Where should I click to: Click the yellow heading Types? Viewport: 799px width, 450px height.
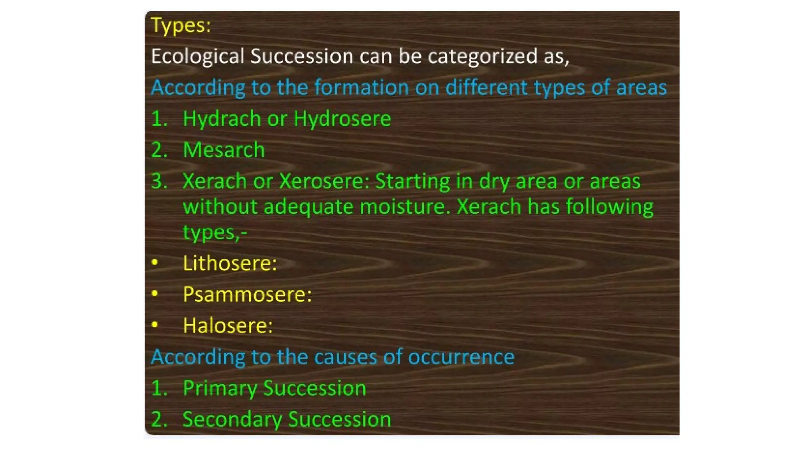tap(181, 26)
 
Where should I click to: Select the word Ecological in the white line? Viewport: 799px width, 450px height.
tap(197, 56)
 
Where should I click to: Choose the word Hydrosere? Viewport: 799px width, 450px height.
tap(342, 119)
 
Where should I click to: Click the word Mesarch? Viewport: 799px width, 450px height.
tap(224, 150)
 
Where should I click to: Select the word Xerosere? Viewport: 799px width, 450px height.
tap(324, 181)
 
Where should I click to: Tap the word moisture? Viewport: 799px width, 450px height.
tap(405, 207)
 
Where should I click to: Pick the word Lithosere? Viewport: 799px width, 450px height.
tap(230, 263)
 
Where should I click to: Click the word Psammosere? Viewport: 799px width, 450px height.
tap(247, 295)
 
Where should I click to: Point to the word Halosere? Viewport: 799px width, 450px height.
tap(228, 326)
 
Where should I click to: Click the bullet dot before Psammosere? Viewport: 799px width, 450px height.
tap(155, 293)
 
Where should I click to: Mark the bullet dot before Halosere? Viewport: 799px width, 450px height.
tap(155, 325)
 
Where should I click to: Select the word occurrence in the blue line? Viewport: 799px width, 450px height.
tap(461, 357)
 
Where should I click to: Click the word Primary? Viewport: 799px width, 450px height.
tap(220, 389)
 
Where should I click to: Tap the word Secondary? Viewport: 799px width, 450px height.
tap(232, 420)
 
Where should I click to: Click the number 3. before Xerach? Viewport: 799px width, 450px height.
tap(159, 181)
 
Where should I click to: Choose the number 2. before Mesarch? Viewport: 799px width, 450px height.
tap(159, 150)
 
